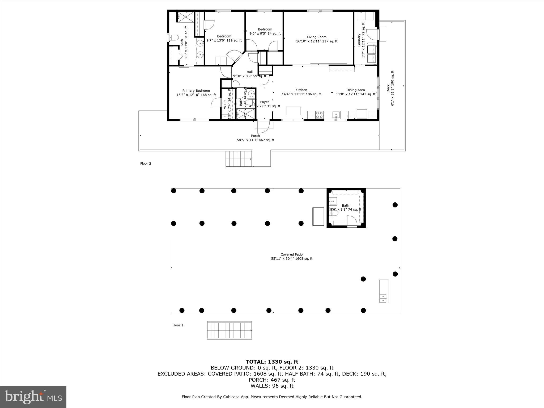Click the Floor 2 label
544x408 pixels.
(146, 164)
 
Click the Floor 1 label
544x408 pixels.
(178, 325)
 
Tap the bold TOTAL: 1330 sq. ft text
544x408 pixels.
(272, 362)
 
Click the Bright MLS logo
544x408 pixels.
(33, 397)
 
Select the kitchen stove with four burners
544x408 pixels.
(319, 115)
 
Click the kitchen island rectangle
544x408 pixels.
(293, 111)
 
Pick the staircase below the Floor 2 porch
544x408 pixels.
(239, 159)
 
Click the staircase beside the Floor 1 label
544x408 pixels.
(229, 330)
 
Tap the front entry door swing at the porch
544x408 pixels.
(263, 127)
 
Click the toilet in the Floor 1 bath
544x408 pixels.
(334, 213)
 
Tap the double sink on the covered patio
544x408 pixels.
(383, 298)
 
